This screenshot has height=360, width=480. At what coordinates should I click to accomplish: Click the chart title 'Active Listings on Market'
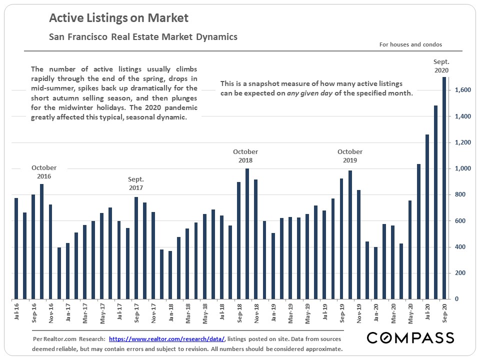(118, 18)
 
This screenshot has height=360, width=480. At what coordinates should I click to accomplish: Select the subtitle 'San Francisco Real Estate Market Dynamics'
(143, 37)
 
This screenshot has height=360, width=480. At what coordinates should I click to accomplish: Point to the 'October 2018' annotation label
(245, 156)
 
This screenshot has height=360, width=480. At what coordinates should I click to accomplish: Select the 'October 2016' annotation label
(44, 172)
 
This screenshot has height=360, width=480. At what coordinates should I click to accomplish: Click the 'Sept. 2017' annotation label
(135, 183)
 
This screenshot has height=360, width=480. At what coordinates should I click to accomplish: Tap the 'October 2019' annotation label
(350, 156)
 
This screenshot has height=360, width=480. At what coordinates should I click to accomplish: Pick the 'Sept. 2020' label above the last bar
(441, 66)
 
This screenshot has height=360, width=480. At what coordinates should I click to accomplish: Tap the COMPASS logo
(410, 337)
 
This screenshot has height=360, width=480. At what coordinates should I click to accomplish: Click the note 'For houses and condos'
(410, 44)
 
